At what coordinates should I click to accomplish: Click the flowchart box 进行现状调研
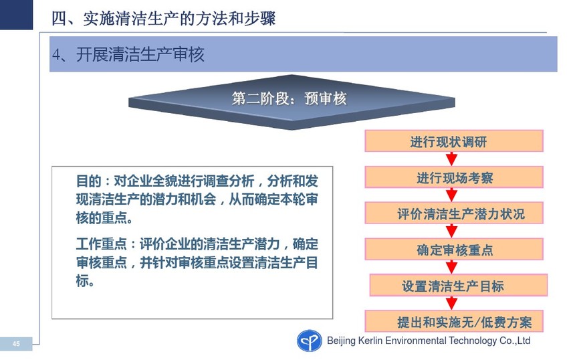453,141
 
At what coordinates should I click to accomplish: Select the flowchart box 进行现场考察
453,177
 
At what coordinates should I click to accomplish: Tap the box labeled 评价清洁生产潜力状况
453,213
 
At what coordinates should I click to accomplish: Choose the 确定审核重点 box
453,249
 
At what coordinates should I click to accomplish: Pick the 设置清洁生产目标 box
459,285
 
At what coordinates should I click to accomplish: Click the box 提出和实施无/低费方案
453,321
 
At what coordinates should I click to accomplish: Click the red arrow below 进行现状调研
451,159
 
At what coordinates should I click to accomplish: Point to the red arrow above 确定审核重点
451,232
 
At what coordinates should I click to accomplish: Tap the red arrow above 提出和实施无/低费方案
451,303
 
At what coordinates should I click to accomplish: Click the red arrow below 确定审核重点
451,267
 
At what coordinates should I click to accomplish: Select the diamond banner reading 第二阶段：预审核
292,102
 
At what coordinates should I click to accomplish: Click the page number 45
16,344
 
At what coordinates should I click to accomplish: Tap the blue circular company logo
310,341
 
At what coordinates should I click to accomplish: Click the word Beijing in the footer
341,341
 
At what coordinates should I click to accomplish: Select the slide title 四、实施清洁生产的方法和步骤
163,18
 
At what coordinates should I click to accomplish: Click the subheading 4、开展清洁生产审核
128,54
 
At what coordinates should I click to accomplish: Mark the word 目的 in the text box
88,181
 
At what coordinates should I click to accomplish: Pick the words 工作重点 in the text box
101,244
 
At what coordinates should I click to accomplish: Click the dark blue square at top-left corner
16,15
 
